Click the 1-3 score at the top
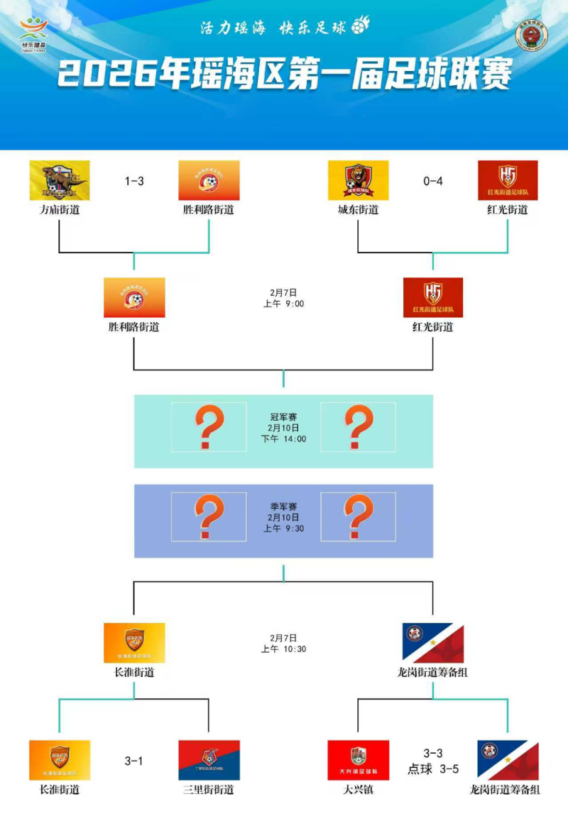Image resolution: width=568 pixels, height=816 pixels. (134, 181)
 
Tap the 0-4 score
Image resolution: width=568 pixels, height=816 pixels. (432, 181)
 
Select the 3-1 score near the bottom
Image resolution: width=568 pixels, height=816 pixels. (134, 761)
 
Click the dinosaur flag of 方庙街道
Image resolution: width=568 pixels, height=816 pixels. (60, 180)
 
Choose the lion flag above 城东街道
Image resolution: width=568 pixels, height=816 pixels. (358, 180)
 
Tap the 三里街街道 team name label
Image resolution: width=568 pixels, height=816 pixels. (209, 790)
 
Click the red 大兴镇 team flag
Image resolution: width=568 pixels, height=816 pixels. (358, 760)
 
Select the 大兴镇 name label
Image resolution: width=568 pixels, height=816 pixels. (358, 790)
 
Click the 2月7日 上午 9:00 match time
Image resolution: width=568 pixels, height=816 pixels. (283, 298)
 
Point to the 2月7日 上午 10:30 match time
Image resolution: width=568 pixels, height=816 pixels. (283, 644)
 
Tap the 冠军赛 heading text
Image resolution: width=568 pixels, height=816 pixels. (283, 417)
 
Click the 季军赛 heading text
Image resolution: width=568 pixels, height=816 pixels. (283, 507)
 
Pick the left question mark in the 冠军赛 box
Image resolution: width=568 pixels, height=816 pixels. (209, 427)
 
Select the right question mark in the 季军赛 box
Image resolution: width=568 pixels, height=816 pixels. (358, 517)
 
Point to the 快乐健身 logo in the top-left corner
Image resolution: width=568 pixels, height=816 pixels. (33, 34)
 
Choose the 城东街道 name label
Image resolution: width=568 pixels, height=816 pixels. (358, 210)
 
